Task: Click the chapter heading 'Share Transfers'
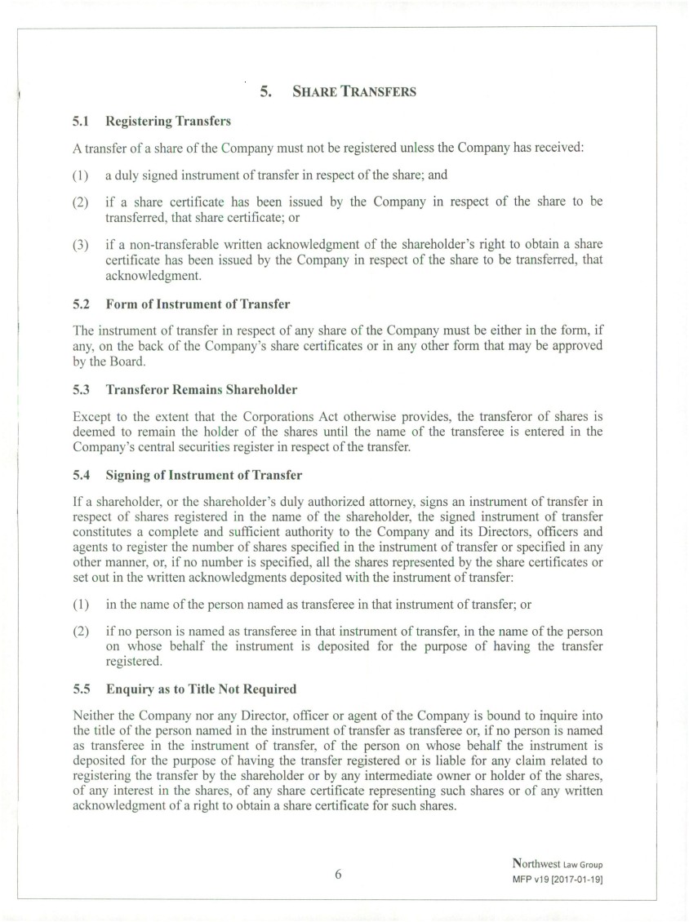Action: click(x=353, y=91)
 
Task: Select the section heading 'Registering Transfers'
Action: click(x=168, y=122)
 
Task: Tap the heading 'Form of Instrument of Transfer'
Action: click(x=198, y=304)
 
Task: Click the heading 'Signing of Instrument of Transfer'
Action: click(x=203, y=475)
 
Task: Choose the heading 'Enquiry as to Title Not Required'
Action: click(x=201, y=689)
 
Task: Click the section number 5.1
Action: click(x=80, y=122)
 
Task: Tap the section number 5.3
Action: click(x=80, y=389)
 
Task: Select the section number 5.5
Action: click(x=80, y=689)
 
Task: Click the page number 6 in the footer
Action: click(x=338, y=874)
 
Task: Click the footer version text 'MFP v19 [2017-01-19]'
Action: click(x=558, y=879)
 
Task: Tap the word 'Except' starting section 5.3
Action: click(x=91, y=416)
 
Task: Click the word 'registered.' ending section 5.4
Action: click(x=133, y=663)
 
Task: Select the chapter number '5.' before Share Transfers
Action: click(x=266, y=91)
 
